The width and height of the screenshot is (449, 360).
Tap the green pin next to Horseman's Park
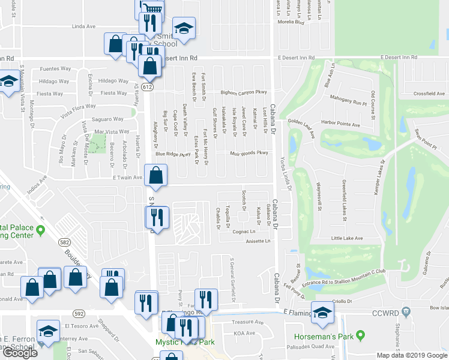coord(360,335)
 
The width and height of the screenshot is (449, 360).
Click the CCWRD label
coord(385,312)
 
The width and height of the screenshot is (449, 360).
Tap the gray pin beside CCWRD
coord(407,311)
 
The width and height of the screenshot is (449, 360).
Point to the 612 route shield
coord(148,87)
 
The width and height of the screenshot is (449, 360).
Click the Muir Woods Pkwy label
coord(249,153)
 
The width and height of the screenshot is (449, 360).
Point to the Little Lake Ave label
coord(347,238)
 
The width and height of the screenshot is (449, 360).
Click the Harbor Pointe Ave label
coord(340,125)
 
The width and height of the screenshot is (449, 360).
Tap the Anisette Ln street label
coord(259,241)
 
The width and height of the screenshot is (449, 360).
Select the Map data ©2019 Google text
coord(412,355)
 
